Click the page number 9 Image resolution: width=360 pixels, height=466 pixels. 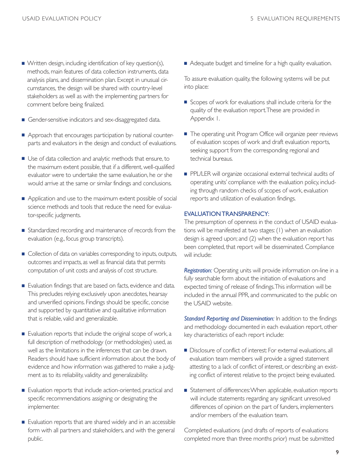click(337, 452)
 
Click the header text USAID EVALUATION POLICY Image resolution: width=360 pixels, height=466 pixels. click(62, 19)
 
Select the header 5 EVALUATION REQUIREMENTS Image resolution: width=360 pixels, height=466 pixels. click(295, 19)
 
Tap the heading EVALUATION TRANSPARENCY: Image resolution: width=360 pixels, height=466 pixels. click(227, 214)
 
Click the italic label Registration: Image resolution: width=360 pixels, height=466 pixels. click(198, 271)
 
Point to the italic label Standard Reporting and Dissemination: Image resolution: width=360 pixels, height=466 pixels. click(229, 319)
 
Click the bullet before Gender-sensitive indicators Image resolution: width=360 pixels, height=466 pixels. click(23, 120)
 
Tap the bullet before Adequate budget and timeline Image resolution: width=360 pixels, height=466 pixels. click(186, 63)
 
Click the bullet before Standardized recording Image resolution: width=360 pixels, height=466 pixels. click(23, 230)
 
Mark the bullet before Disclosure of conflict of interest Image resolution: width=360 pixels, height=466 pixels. click(186, 350)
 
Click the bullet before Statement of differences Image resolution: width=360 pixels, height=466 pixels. click(186, 390)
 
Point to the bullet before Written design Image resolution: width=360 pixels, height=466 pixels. click(23, 63)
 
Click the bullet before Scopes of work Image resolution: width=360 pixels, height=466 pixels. click(186, 102)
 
